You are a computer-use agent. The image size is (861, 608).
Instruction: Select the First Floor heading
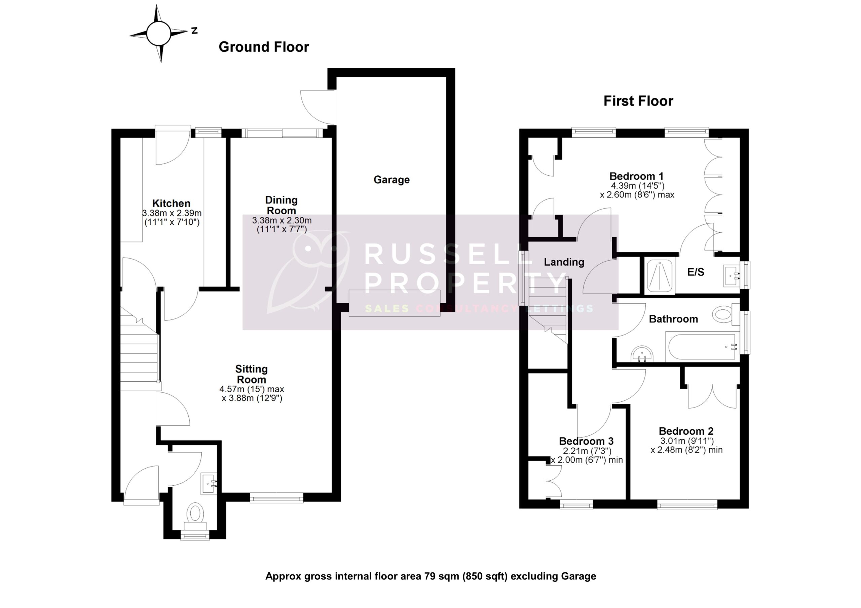click(638, 101)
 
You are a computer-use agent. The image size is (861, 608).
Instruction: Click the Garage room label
click(391, 180)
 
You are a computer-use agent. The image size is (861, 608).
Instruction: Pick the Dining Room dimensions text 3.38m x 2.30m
click(282, 221)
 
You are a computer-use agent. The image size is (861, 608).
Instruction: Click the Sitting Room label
click(251, 374)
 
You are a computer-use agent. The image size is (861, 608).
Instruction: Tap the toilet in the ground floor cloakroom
click(195, 513)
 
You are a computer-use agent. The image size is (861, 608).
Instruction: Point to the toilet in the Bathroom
click(723, 314)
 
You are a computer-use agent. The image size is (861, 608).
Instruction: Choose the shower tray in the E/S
click(659, 276)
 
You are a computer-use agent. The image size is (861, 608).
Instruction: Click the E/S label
click(696, 272)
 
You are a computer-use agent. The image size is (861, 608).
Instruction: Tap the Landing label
click(564, 262)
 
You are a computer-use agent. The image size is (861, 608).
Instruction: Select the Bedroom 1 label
click(636, 176)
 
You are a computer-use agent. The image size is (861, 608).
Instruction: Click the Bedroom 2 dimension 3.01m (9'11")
click(687, 441)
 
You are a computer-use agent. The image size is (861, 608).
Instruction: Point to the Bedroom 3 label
click(586, 441)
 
